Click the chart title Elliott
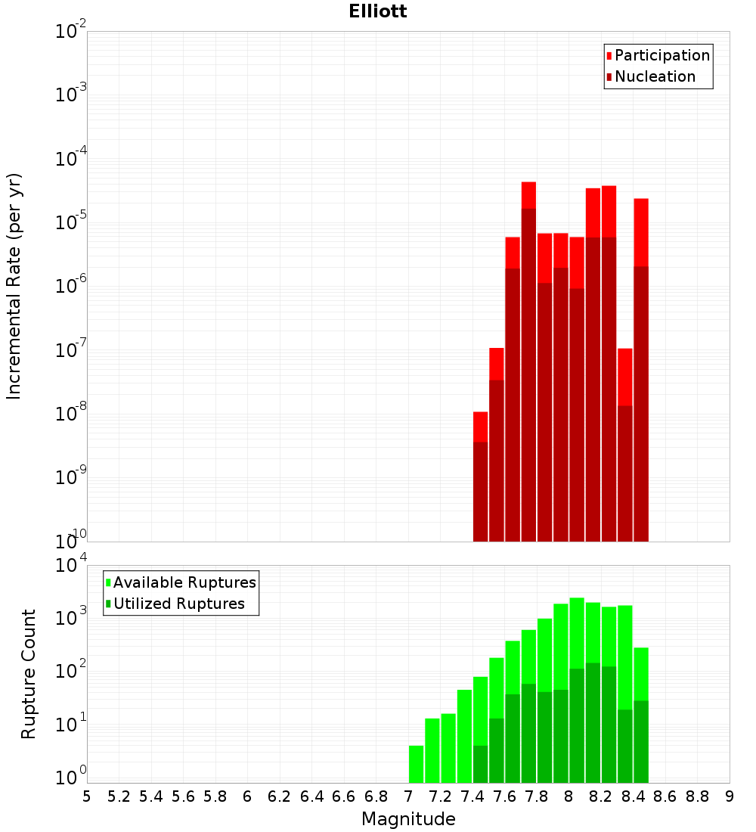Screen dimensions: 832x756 click(378, 11)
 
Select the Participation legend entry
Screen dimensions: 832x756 click(658, 55)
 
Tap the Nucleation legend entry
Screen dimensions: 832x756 click(650, 76)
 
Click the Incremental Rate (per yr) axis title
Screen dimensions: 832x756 click(14, 286)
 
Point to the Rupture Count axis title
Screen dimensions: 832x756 click(29, 673)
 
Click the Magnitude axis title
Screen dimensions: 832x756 click(408, 819)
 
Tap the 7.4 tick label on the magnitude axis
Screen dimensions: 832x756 click(472, 796)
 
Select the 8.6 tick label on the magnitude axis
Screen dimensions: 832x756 click(665, 796)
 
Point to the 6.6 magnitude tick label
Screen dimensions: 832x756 click(344, 796)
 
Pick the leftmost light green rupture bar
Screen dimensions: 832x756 click(416, 764)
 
